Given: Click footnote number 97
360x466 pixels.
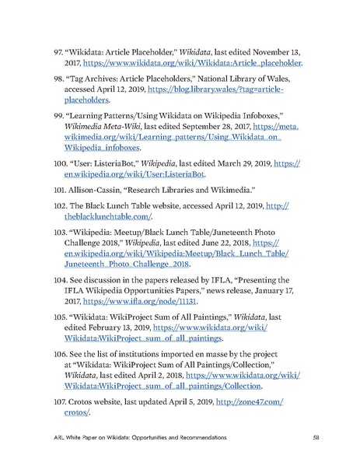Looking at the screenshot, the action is coord(58,51).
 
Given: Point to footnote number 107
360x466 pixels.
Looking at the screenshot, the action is coord(60,401).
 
